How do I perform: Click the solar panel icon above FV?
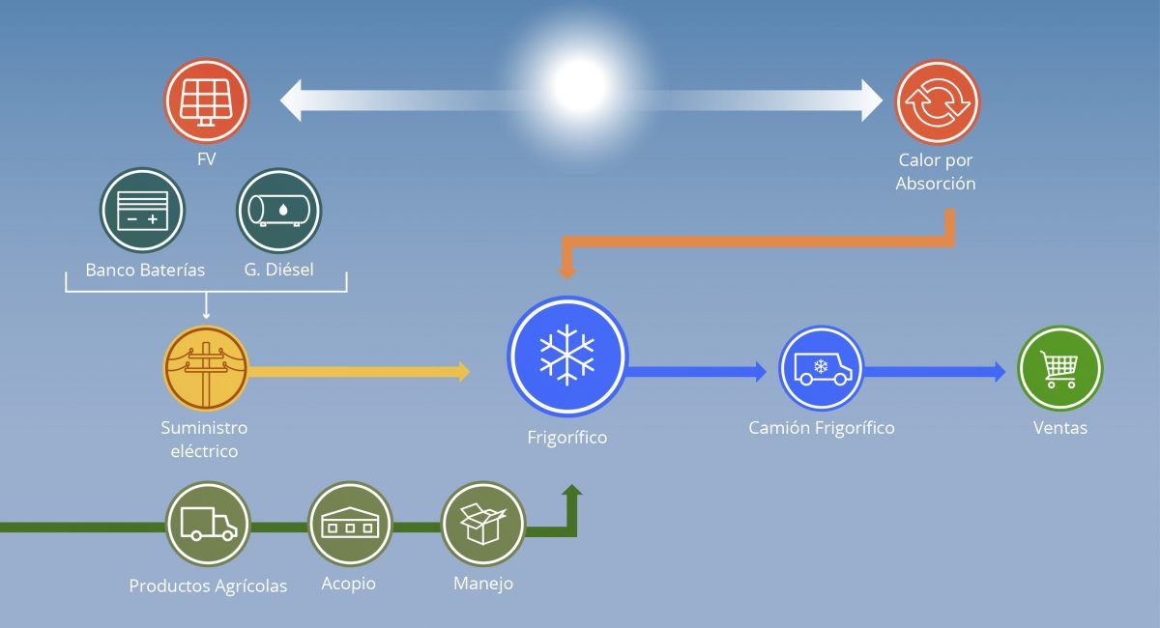coord(207,100)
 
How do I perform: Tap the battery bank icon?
coord(142,211)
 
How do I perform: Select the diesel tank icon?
coord(279,211)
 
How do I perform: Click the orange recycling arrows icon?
coord(938,102)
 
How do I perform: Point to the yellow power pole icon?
coord(206,368)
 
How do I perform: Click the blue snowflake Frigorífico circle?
coord(567,357)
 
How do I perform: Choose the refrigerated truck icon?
coord(822,368)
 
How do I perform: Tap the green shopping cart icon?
coord(1060,368)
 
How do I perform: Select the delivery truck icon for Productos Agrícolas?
coord(208,524)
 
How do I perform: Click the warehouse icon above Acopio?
coord(350,524)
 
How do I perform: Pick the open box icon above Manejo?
coord(483,524)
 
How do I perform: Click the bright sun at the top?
coord(580,85)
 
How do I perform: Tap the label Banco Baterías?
coord(145,270)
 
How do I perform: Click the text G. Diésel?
coord(278,270)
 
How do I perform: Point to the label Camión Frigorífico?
coord(822,428)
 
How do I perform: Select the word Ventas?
coord(1060,428)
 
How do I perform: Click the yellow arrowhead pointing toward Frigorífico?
coord(464,372)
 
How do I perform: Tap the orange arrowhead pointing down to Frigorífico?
coord(567,272)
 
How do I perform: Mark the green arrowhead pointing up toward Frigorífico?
coord(571,490)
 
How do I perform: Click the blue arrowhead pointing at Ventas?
coord(1000,372)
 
